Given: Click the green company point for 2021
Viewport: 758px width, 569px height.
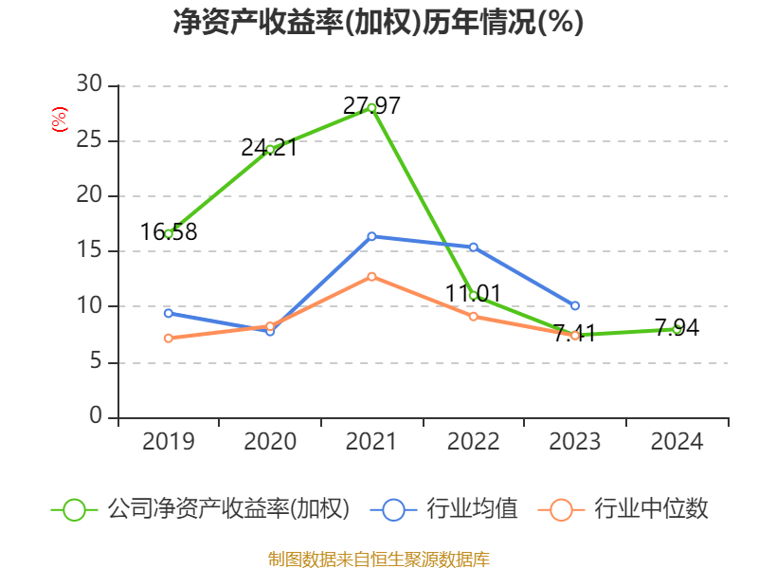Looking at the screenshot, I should click(x=371, y=108).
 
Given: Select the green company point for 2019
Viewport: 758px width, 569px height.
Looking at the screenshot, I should click(x=169, y=233).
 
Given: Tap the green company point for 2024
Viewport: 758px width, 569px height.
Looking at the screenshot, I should click(x=677, y=329).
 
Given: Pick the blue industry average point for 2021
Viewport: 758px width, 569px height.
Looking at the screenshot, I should click(x=371, y=236).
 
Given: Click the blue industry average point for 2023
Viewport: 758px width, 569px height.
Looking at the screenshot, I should click(x=575, y=305).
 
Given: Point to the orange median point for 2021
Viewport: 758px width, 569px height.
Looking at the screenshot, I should click(x=371, y=277).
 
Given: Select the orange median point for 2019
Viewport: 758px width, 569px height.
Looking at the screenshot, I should click(x=169, y=338).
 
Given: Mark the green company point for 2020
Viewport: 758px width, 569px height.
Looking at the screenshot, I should click(x=270, y=149).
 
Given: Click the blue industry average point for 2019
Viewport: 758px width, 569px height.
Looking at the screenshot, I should click(x=169, y=313).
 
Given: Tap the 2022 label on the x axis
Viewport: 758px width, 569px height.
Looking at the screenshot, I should click(x=473, y=442).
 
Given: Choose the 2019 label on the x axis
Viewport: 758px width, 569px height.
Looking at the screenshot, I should click(x=169, y=442).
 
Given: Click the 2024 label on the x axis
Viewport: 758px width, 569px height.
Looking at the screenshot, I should click(x=677, y=442).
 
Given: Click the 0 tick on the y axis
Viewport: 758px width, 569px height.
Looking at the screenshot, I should click(x=96, y=417).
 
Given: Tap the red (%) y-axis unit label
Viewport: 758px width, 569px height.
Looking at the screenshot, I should click(x=60, y=119).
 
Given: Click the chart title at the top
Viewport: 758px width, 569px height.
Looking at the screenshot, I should click(x=378, y=23).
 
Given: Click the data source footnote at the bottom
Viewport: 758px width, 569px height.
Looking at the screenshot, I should click(x=378, y=559).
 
